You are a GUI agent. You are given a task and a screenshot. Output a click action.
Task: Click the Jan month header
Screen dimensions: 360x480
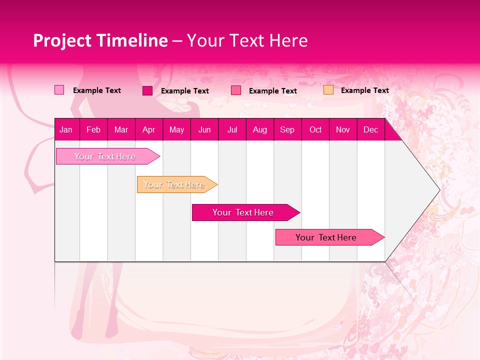[66, 130]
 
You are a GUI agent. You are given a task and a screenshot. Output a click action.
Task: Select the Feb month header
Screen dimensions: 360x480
[93, 130]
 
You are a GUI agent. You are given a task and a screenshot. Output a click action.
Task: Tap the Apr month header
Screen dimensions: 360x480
[148, 130]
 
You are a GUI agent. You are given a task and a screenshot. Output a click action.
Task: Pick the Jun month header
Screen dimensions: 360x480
[204, 130]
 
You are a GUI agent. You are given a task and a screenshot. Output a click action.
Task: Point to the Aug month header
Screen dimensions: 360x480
[259, 130]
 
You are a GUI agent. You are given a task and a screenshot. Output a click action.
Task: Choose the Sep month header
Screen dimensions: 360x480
[287, 130]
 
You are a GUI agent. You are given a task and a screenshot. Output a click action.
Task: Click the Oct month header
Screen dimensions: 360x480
[315, 130]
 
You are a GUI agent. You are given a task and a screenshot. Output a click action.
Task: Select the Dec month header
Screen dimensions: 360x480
[370, 130]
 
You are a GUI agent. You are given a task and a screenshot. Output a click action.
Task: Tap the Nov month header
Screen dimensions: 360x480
[343, 130]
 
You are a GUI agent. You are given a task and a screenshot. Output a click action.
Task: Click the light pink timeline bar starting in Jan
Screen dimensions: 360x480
[105, 156]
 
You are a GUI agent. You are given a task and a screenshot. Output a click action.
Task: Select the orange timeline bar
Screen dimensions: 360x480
[175, 184]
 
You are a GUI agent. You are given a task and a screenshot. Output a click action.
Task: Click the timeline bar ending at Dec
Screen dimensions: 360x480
[327, 237]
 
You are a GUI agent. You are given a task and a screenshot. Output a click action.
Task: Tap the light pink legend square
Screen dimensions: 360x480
[59, 90]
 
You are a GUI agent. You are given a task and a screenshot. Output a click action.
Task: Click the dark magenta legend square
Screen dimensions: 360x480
[147, 90]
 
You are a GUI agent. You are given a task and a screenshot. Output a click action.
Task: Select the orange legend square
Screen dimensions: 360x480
[328, 90]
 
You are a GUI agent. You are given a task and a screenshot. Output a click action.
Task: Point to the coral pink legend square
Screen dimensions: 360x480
[236, 90]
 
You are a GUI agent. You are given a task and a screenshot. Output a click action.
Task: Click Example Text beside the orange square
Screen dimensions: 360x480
[364, 90]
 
